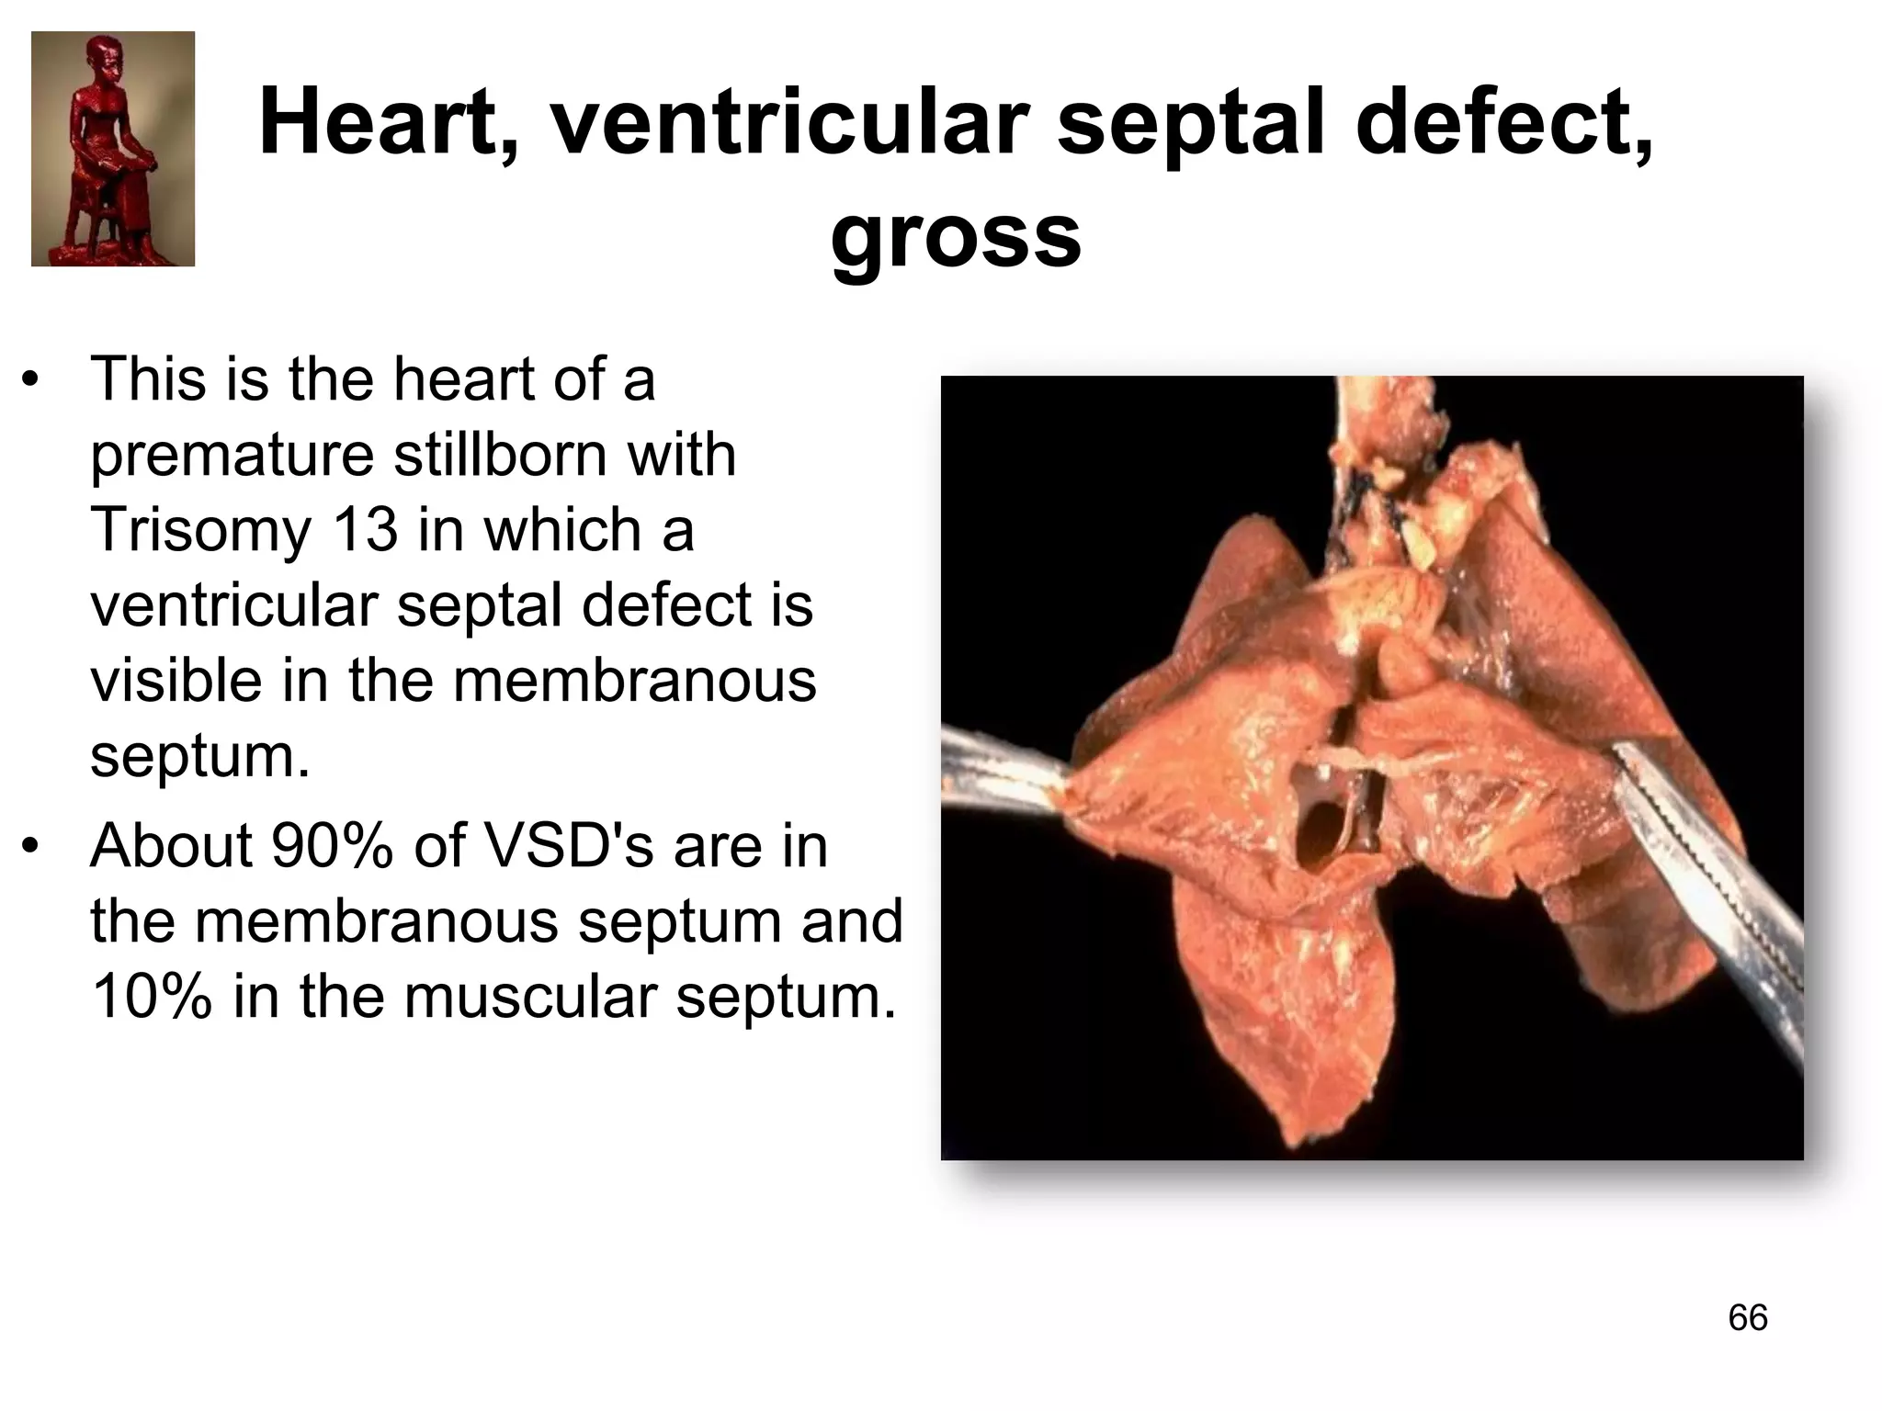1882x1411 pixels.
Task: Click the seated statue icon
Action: pos(113,149)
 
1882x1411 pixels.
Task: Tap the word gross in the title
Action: pos(956,237)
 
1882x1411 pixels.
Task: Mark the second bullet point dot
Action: pos(33,846)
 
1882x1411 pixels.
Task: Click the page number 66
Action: pos(1748,1317)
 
